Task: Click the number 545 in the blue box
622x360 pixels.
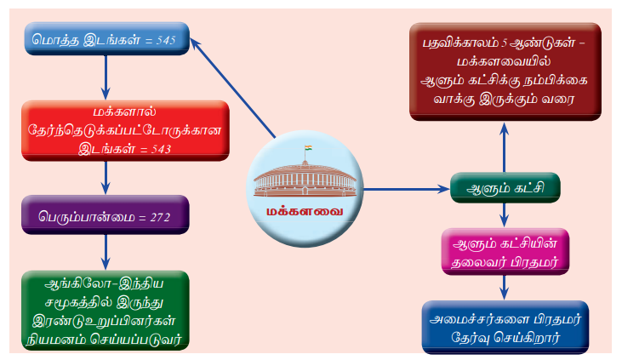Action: pos(166,40)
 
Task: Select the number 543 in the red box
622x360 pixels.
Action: pos(161,149)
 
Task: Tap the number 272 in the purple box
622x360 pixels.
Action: pos(160,218)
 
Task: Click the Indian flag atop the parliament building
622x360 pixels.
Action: pos(308,148)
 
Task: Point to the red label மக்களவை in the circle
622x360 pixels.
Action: pos(305,212)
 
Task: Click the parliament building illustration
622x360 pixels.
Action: pos(305,178)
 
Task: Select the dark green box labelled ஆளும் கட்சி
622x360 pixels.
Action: pos(505,187)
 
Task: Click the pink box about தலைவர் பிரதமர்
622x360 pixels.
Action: pos(505,251)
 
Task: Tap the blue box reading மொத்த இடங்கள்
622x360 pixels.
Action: pos(106,38)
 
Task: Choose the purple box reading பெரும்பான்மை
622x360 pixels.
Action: pos(106,214)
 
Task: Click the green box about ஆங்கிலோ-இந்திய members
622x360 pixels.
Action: pos(106,311)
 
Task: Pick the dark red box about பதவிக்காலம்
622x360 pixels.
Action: pos(505,71)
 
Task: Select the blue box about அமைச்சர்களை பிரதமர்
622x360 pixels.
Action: pos(505,327)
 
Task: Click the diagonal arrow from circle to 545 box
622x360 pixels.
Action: pos(233,88)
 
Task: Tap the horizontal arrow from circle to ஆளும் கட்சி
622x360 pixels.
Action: pos(406,189)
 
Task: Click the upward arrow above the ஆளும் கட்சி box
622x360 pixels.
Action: pos(505,147)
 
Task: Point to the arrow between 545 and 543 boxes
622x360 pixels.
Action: pos(106,77)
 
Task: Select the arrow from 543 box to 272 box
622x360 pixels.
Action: pos(106,178)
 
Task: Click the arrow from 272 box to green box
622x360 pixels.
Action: pos(106,253)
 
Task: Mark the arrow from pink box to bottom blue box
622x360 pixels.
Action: pos(505,288)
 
